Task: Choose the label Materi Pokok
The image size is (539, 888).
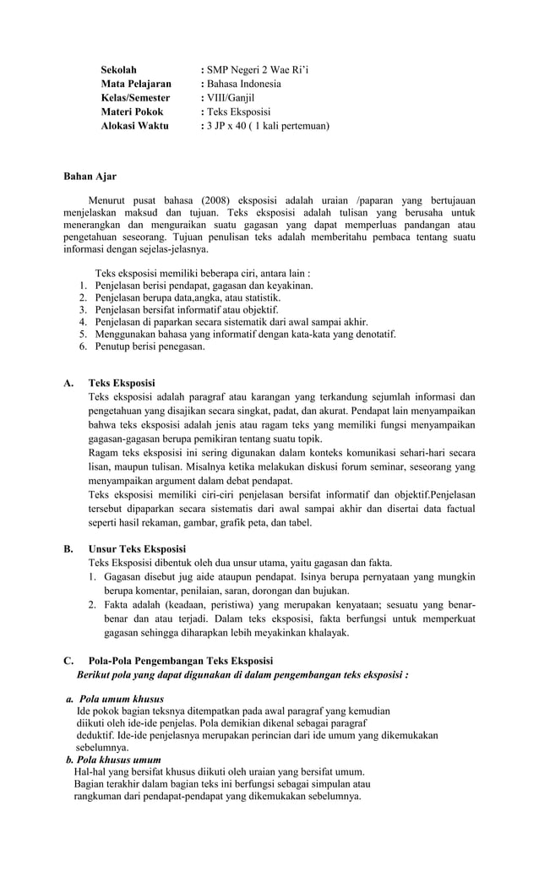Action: click(132, 112)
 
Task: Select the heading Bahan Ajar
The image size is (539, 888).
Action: click(90, 177)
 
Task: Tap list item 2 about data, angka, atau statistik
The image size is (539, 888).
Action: click(188, 298)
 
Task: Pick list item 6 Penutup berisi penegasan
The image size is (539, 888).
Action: click(150, 346)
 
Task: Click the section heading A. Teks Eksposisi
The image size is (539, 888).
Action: click(122, 384)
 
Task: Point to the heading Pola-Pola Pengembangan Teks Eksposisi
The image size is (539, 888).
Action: click(181, 661)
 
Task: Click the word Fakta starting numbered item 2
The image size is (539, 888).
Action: click(117, 606)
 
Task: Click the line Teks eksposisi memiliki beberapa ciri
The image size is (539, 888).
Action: click(203, 274)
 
